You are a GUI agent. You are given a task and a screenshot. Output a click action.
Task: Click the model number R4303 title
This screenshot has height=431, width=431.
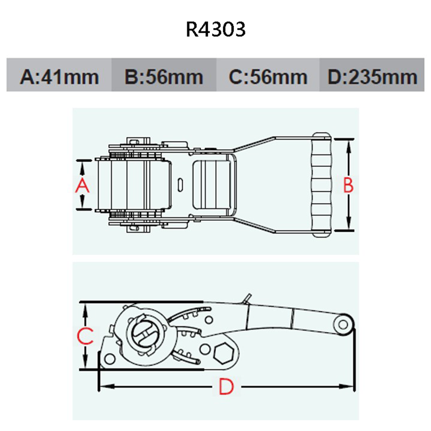click(x=215, y=29)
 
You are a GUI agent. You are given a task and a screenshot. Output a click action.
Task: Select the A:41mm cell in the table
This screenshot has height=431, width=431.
click(x=59, y=77)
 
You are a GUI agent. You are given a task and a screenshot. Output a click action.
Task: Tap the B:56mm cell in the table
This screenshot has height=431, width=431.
click(x=163, y=77)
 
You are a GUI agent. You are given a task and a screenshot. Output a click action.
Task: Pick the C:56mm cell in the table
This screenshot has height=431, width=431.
click(x=268, y=77)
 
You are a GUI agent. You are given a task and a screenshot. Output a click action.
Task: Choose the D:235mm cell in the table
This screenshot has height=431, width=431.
click(x=372, y=77)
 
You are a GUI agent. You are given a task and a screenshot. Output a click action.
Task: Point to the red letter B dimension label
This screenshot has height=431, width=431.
click(x=348, y=185)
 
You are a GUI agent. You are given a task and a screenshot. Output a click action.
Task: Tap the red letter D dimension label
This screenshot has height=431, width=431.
click(x=226, y=387)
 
